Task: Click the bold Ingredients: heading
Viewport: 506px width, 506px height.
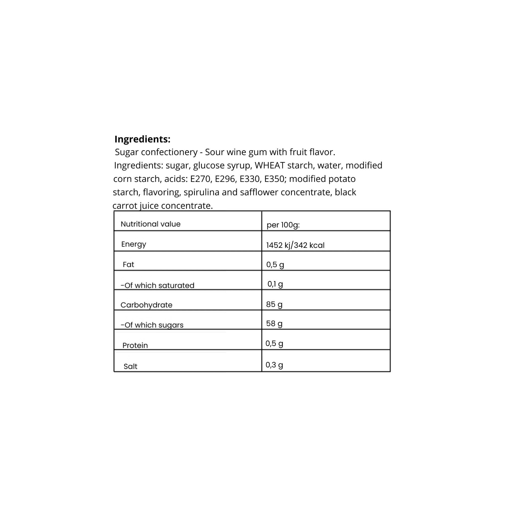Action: click(142, 139)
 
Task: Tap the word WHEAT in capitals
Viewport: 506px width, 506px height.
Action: click(269, 165)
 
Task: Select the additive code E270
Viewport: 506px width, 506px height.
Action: click(200, 179)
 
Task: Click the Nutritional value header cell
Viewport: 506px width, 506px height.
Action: click(150, 224)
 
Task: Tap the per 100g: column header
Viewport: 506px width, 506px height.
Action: click(283, 225)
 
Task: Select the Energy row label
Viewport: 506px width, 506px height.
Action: click(134, 244)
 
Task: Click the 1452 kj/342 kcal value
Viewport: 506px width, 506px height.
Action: click(295, 245)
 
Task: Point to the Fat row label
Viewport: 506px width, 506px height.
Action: click(128, 265)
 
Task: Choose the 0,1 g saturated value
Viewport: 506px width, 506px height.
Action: click(275, 284)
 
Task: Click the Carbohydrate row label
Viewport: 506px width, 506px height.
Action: click(146, 305)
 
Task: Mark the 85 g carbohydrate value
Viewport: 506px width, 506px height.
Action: click(274, 304)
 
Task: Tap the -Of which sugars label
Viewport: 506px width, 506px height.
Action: click(152, 325)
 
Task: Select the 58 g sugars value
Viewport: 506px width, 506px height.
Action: click(274, 323)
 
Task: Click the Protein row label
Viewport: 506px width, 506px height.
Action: click(135, 345)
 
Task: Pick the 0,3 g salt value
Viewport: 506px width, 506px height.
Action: click(274, 365)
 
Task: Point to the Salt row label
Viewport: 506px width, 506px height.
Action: click(131, 366)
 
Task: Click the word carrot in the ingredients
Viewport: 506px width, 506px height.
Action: click(125, 206)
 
